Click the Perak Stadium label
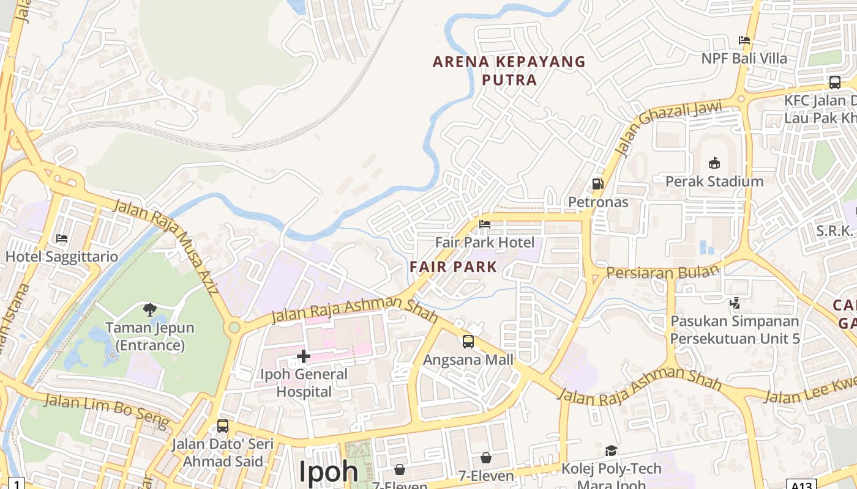714,182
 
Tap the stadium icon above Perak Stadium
714,163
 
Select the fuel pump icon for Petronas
597,183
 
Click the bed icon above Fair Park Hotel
485,224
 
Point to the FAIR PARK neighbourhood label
454,267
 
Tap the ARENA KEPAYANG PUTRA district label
509,70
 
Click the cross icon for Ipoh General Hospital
304,356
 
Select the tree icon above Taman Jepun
150,309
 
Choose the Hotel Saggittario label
62,257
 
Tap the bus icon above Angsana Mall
468,341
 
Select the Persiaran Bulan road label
663,272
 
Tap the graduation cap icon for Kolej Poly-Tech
611,451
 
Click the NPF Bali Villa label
744,59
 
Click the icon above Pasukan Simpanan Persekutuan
735,303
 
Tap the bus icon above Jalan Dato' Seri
223,426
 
